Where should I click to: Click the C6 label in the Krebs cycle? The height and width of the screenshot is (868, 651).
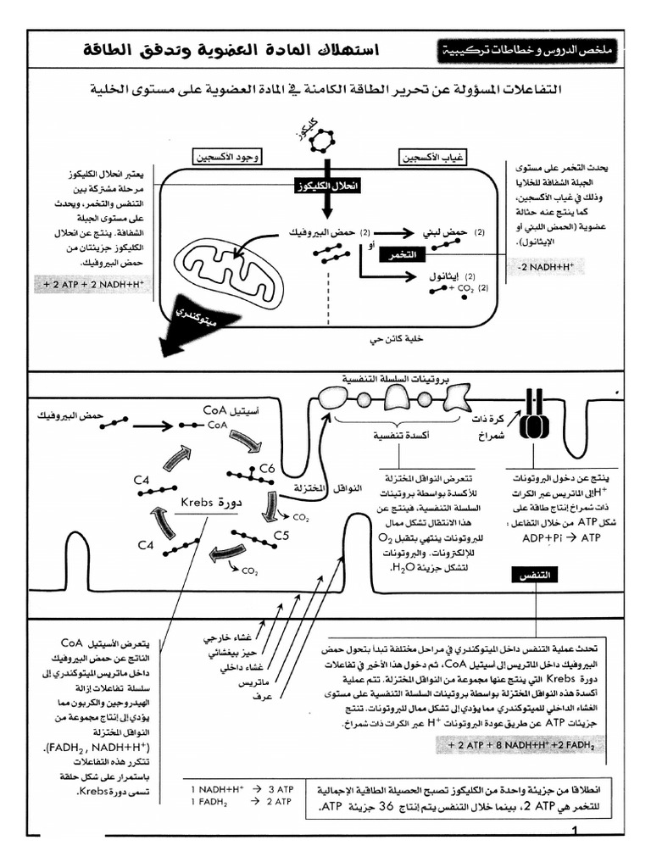[268, 467]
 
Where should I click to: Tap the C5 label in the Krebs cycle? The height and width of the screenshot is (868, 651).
[282, 536]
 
